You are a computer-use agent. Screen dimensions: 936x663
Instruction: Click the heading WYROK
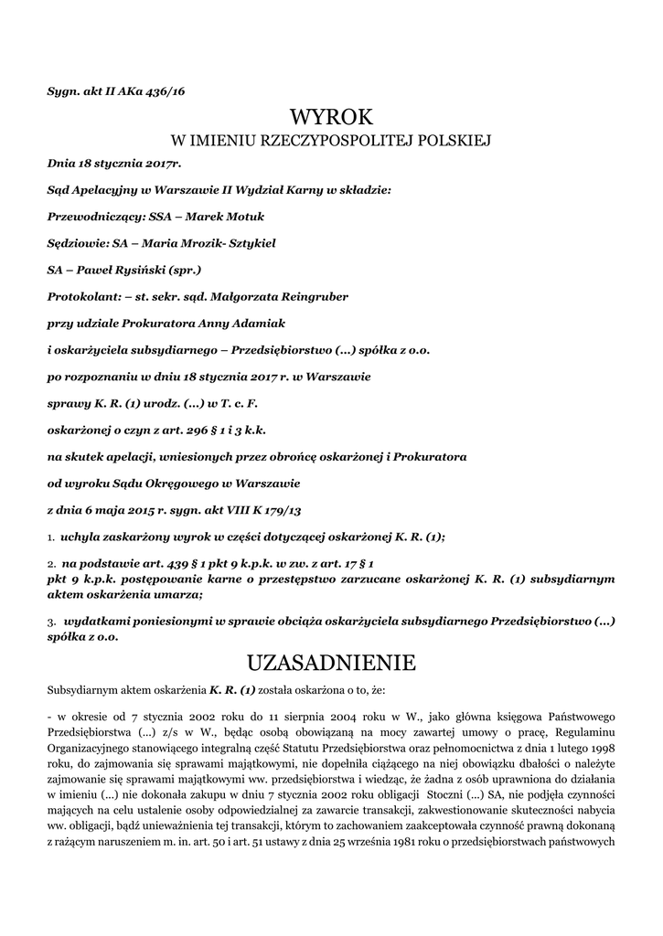coord(331,117)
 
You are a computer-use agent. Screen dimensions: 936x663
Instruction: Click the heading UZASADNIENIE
coord(331,661)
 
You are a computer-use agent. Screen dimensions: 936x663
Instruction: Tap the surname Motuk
coord(241,217)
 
